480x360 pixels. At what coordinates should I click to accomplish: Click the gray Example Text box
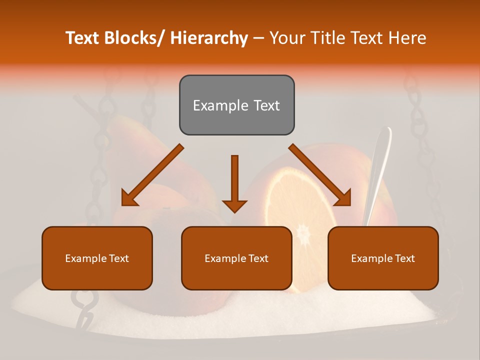(236, 105)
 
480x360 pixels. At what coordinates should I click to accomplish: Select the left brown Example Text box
(97, 258)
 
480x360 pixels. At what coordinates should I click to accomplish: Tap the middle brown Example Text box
(236, 258)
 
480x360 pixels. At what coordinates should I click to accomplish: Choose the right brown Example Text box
(383, 258)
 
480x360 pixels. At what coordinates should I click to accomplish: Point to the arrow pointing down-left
(152, 175)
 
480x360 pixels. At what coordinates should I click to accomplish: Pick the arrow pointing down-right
(320, 175)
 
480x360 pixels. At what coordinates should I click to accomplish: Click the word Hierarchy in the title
(209, 38)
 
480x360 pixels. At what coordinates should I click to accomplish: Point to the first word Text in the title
(83, 38)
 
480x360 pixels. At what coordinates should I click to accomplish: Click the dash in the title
(258, 38)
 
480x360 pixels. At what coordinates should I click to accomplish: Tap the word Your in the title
(287, 38)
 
